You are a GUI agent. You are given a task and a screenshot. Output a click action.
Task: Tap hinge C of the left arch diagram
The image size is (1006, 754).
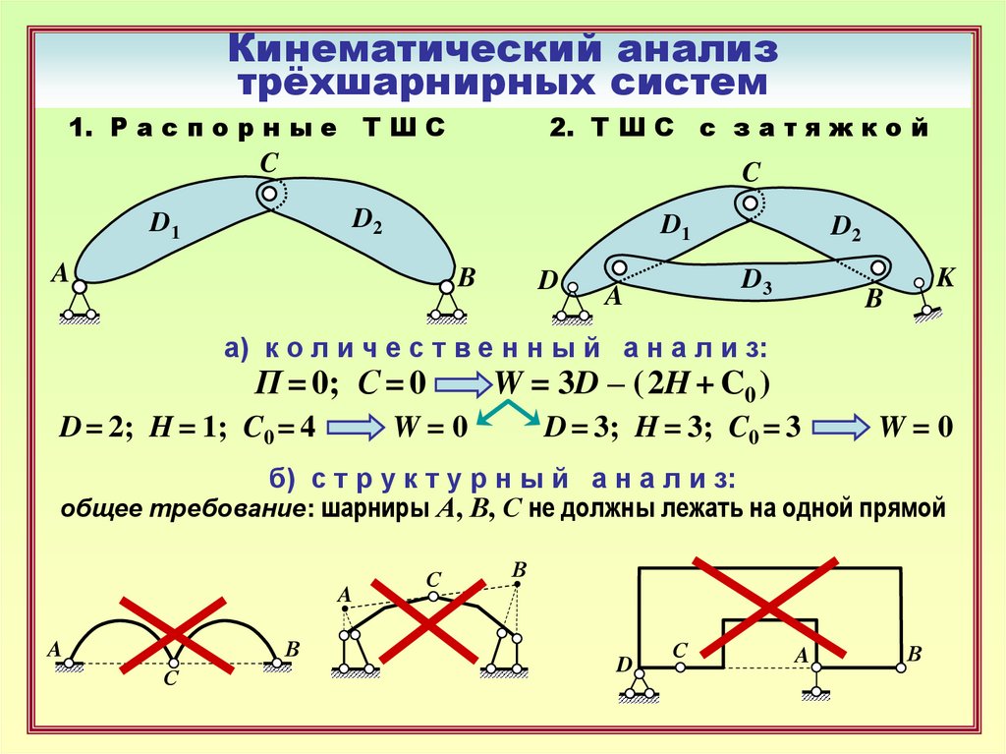coord(268,194)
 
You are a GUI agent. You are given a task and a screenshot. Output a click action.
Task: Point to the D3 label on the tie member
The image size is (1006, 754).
coord(755,281)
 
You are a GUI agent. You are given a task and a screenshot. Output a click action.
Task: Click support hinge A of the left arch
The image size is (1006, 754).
coord(78,286)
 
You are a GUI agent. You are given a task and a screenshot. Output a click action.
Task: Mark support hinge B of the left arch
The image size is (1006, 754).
coord(447,286)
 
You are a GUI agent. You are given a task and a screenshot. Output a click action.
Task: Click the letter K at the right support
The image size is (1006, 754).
coord(944,278)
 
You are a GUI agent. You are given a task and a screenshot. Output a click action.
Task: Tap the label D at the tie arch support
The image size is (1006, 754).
coord(547,283)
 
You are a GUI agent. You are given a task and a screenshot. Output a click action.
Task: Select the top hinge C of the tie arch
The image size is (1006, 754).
coord(750,203)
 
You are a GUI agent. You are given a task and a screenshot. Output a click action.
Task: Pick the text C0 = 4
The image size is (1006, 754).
coord(280,429)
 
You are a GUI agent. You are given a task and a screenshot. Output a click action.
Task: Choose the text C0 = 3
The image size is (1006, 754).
coord(764,429)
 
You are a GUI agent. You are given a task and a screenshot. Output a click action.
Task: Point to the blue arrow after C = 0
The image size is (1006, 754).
coord(462,384)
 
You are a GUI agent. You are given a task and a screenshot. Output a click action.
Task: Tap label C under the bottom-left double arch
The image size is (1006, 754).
coord(170,678)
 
